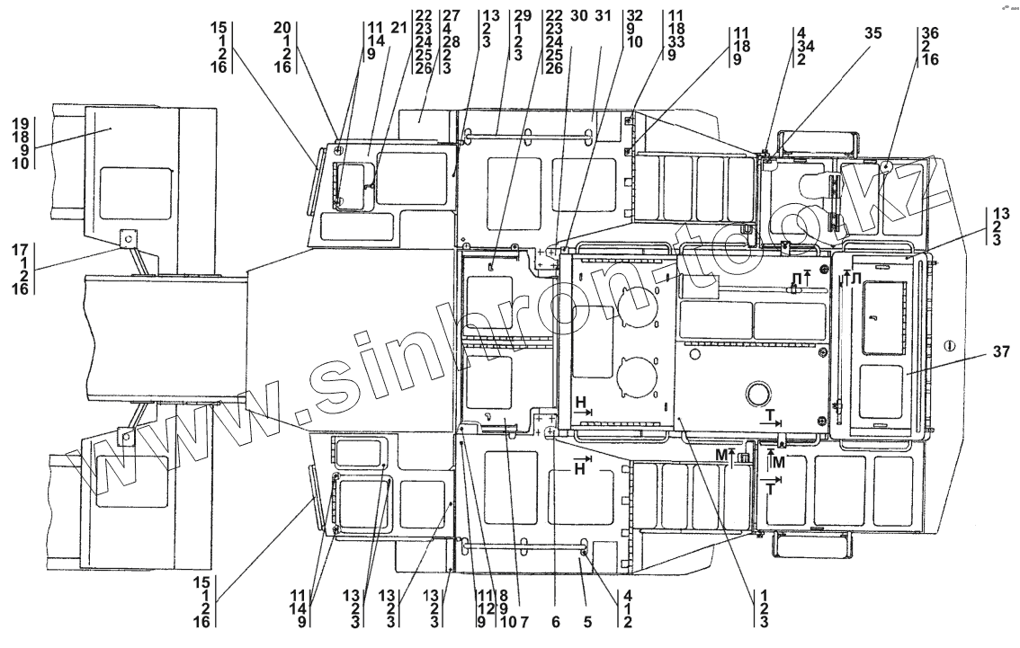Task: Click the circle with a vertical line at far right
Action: (948, 345)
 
